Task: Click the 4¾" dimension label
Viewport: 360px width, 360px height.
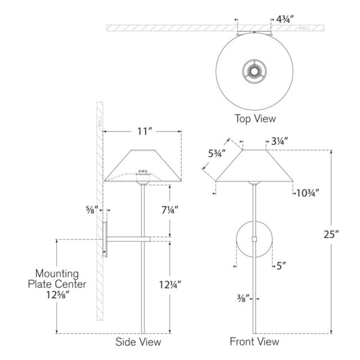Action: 285,19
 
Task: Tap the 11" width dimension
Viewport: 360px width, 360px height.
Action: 145,132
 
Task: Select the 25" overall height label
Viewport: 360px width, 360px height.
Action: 331,235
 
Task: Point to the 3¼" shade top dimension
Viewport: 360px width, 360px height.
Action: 280,141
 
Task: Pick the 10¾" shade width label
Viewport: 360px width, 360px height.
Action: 308,193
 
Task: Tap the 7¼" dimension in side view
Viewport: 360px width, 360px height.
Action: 170,210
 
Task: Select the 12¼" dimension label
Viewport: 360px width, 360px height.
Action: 170,285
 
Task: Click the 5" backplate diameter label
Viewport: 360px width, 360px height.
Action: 281,266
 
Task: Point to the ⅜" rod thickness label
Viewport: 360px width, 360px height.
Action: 243,299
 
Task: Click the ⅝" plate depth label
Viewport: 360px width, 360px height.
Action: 92,210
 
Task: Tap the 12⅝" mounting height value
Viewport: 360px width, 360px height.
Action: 57,295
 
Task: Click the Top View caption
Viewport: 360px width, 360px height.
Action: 255,119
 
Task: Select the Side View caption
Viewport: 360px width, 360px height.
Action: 138,341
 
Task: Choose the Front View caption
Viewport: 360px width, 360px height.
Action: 254,341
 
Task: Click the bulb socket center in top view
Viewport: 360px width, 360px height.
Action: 254,71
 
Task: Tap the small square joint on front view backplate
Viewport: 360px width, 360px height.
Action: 254,239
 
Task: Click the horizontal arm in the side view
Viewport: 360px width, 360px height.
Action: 129,239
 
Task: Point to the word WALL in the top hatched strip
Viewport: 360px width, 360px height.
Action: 304,28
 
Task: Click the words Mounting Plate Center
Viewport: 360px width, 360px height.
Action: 57,279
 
